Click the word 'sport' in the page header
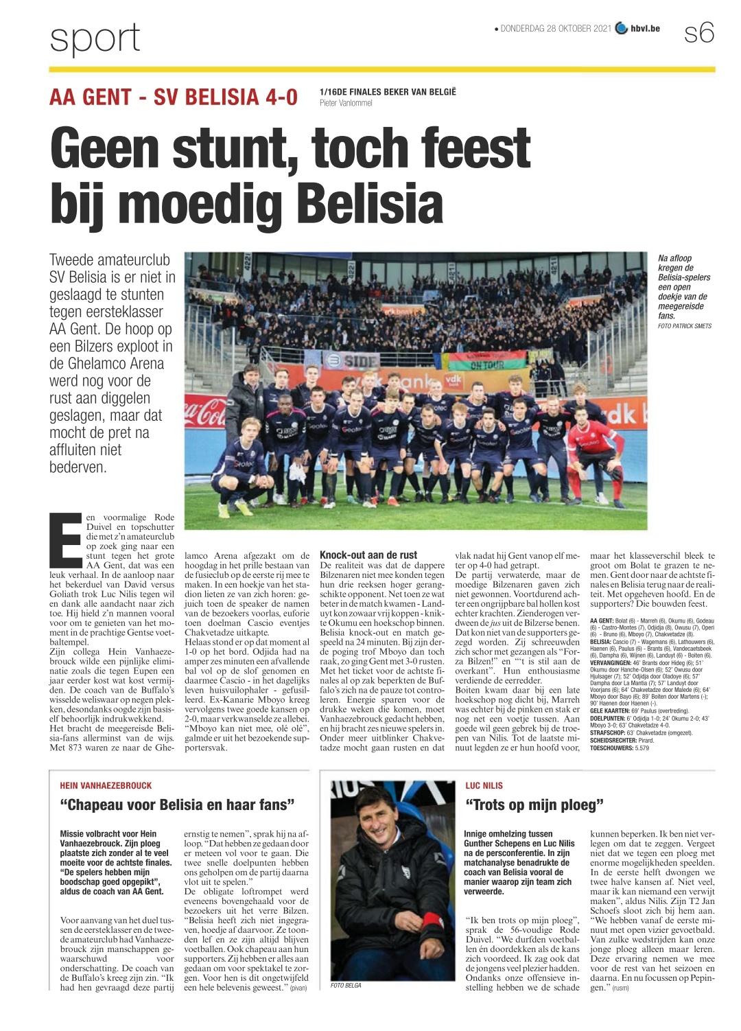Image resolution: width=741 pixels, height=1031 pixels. coord(95,38)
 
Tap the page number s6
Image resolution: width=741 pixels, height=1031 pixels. coord(699,32)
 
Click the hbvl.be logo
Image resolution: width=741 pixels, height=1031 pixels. coord(638,29)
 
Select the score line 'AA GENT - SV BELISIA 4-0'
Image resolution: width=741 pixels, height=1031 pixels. coord(174,97)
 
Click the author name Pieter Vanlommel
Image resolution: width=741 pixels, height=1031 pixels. coord(346,103)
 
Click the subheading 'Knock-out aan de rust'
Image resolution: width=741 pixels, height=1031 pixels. coord(368,555)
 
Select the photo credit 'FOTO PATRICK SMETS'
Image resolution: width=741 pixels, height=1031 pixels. coord(684,326)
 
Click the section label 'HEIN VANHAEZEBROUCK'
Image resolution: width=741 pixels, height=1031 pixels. coord(106,785)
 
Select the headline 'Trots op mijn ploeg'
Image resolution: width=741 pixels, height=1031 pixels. coord(534,804)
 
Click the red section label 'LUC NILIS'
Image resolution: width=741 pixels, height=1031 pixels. coord(484,785)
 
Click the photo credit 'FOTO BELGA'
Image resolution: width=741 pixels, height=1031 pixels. coord(346,985)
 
